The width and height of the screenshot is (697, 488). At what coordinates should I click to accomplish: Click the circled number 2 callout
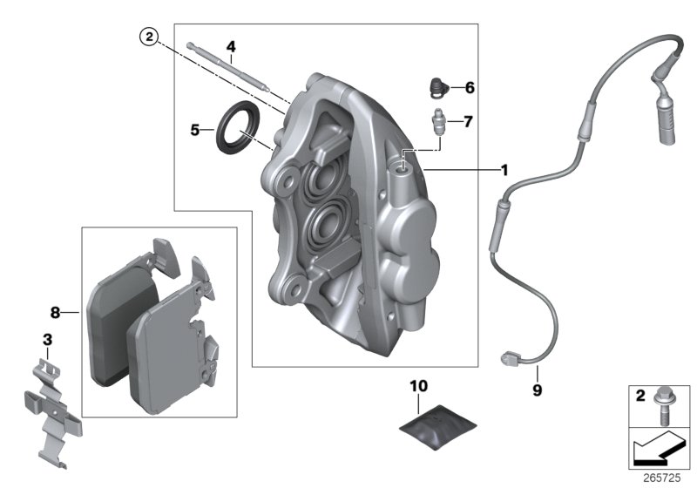coord(150,37)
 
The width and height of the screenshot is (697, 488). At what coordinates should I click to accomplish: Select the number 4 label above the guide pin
coord(231,46)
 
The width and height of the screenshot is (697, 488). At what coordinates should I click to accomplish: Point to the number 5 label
coord(195,131)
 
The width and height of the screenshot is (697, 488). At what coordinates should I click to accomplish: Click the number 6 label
coord(469,88)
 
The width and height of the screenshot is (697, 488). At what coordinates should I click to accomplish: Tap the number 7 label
coord(469,122)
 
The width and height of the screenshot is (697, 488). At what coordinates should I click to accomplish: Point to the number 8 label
coord(54,310)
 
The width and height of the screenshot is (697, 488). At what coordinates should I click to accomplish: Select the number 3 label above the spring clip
coord(47,337)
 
